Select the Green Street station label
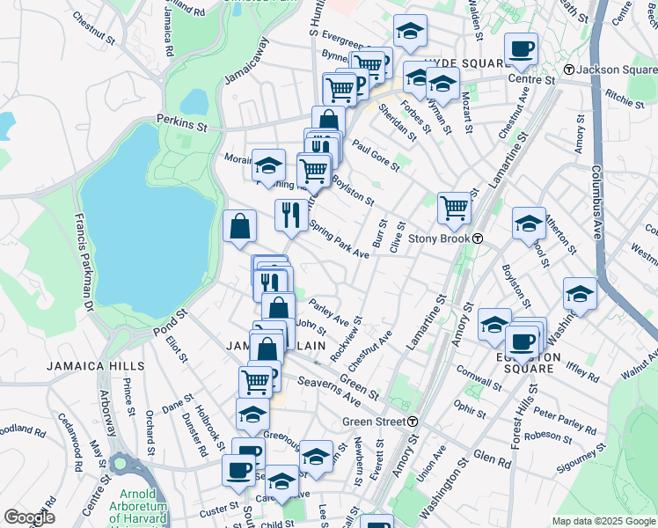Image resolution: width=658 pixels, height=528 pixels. tap(380, 422)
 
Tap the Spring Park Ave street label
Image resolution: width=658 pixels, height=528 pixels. tap(339, 238)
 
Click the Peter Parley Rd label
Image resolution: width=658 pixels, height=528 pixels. tap(566, 419)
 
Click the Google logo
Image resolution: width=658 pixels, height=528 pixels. tap(29, 517)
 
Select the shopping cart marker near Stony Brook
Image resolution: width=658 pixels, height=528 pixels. tap(454, 208)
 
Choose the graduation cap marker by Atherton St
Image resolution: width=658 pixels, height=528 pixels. tap(528, 224)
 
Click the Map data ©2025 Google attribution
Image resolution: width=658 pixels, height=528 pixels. tap(603, 521)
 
